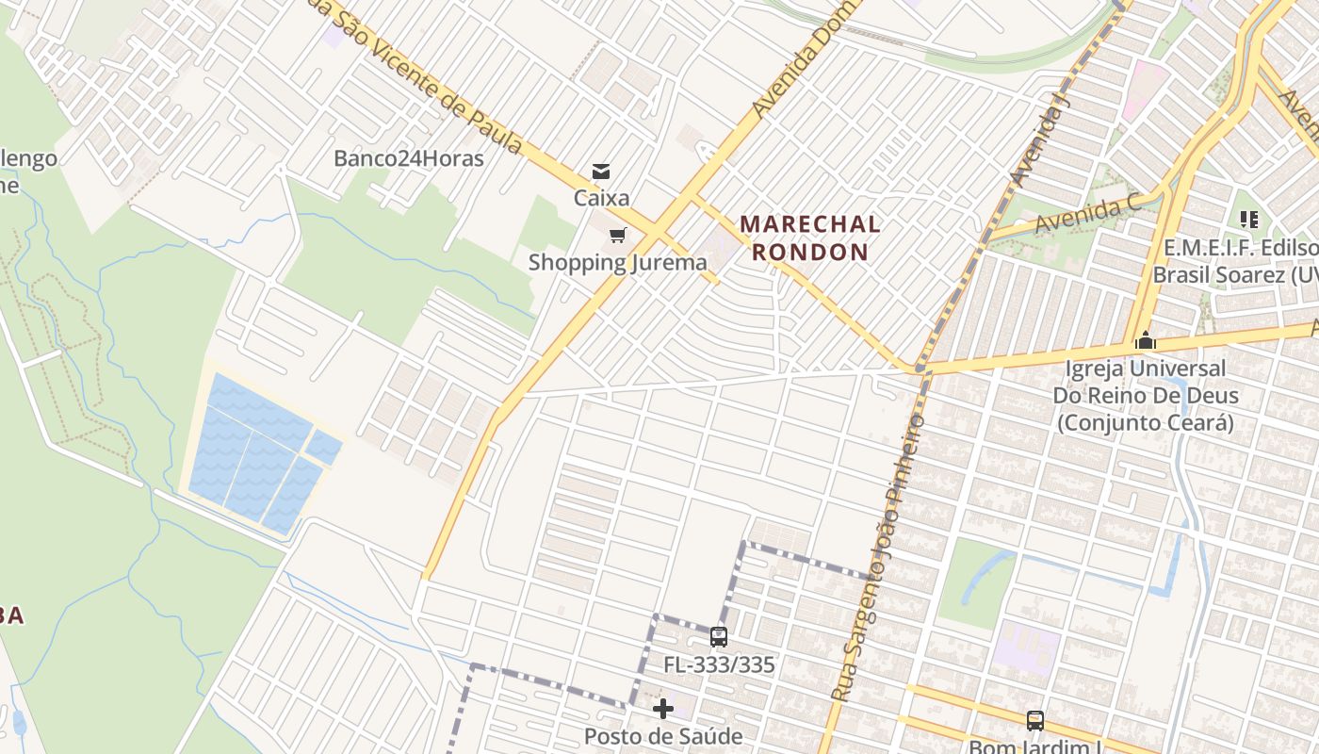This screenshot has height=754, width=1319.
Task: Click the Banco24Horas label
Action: tap(409, 158)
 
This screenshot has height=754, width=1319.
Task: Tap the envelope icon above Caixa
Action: tap(600, 172)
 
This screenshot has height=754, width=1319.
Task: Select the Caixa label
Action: tap(602, 199)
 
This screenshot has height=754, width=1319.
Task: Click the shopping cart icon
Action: tap(617, 235)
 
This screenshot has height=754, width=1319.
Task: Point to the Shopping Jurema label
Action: tap(617, 262)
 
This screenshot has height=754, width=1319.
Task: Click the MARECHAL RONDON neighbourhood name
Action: tap(810, 238)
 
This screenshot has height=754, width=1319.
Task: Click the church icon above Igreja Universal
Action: tap(1146, 340)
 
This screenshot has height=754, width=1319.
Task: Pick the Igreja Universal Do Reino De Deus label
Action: tap(1146, 395)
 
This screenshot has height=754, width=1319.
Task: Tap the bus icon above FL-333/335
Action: tap(719, 637)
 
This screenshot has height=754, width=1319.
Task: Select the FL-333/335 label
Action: tap(719, 664)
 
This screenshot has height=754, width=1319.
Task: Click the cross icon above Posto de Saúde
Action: tap(663, 709)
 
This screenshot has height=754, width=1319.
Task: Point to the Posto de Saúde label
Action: tap(663, 736)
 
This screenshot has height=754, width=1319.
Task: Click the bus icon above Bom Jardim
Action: tap(1035, 721)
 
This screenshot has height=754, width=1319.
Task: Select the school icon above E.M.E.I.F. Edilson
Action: tap(1249, 220)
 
